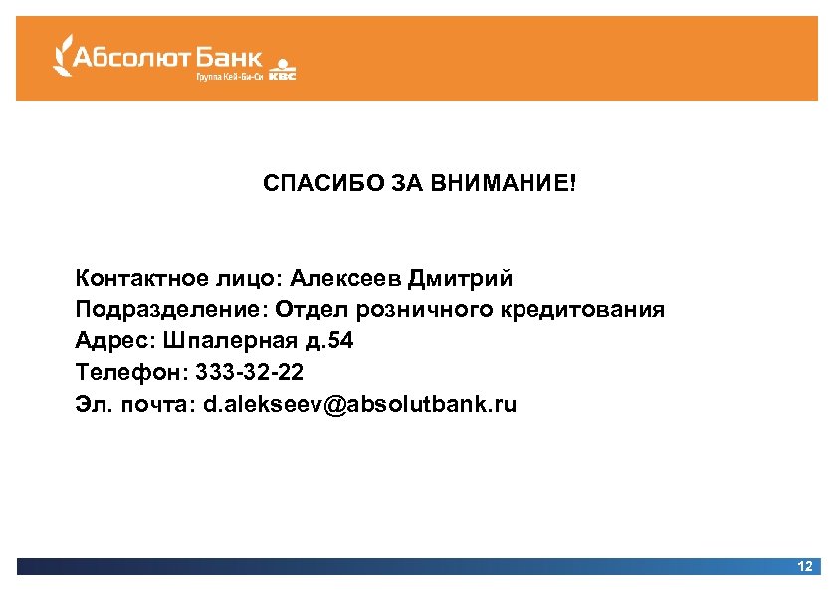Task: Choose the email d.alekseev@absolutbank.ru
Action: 360,405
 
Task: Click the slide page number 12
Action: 805,566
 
